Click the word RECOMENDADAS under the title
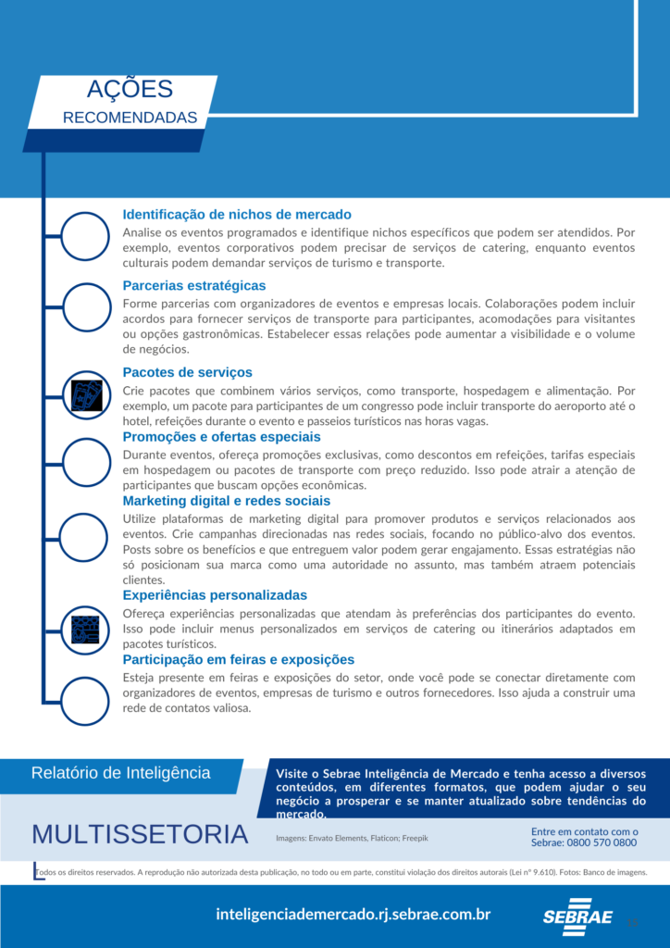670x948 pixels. [130, 118]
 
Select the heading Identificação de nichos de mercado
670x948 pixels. [237, 214]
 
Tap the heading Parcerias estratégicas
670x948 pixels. [194, 285]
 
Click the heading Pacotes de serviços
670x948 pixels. [187, 372]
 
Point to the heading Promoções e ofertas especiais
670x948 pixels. [222, 436]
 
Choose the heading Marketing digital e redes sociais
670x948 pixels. [227, 501]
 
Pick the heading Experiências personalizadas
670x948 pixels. [215, 594]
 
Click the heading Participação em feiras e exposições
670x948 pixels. [239, 659]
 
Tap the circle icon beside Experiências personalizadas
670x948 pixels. [86, 629]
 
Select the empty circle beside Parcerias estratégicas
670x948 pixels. [86, 308]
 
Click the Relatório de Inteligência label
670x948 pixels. [120, 773]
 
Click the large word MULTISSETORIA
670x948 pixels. [140, 834]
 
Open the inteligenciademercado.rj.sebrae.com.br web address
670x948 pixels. [353, 915]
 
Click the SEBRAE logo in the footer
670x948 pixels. [577, 917]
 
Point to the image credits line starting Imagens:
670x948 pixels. [352, 837]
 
